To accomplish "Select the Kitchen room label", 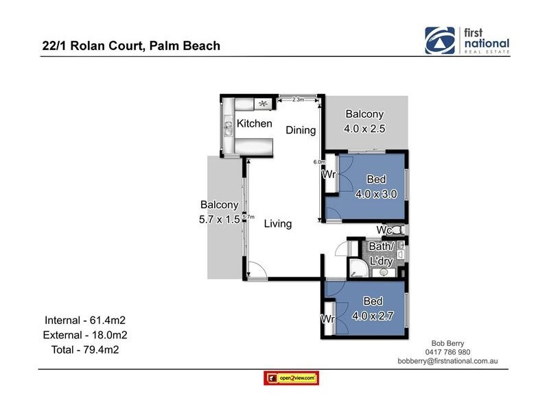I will coord(254,124).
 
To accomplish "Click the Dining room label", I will coord(301,130).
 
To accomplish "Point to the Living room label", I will coord(277,223).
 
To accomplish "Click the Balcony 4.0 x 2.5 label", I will coord(364,121).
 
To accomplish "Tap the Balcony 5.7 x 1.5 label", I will coord(219,211).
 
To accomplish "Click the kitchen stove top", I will coord(262,103).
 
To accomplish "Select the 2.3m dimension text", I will coord(298,100).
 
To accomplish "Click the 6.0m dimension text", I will coord(318,162).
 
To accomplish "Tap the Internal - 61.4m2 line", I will coord(89,320).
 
